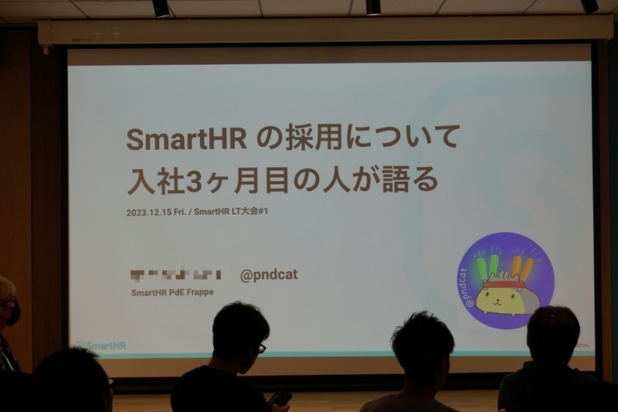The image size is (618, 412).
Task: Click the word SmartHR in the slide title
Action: tap(186, 139)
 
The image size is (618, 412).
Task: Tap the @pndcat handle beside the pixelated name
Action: tap(269, 275)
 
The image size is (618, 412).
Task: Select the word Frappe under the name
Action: tap(199, 293)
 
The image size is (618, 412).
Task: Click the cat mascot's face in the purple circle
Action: tap(500, 296)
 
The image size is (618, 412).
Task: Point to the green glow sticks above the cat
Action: tap(487, 267)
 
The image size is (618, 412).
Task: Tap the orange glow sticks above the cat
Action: tap(522, 267)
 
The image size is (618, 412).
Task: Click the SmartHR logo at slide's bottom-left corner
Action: tap(100, 346)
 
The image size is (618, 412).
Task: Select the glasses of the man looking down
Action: tap(260, 347)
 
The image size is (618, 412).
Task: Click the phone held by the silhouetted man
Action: tap(280, 398)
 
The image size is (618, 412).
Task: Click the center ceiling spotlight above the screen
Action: tap(373, 7)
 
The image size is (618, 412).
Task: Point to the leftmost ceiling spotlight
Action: tap(161, 8)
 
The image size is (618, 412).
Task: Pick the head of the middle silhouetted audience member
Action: tap(422, 345)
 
